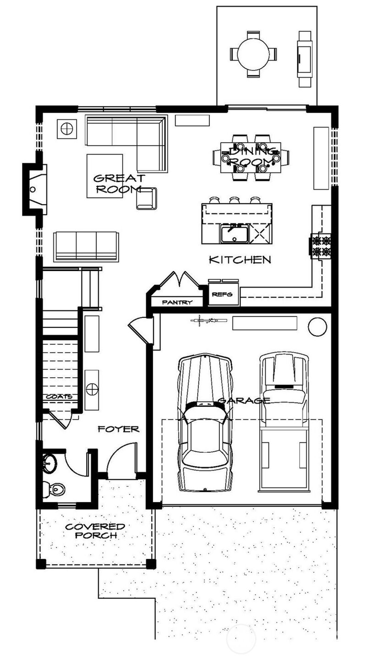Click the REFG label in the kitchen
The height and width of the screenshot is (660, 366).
[222, 294]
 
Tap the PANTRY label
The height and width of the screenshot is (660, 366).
[177, 302]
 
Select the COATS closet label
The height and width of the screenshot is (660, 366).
[59, 396]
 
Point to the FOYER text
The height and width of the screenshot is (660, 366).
[118, 429]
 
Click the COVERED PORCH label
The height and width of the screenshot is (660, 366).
[95, 531]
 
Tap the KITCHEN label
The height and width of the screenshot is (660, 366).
[240, 259]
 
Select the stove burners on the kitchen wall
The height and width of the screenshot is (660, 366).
[321, 246]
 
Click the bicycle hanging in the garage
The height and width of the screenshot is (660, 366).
[208, 320]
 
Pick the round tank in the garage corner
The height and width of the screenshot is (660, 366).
[317, 326]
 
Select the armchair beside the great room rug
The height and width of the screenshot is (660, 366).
[146, 198]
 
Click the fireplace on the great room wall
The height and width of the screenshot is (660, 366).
[35, 189]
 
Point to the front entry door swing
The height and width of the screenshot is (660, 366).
[122, 460]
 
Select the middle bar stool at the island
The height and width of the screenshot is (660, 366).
[234, 199]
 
